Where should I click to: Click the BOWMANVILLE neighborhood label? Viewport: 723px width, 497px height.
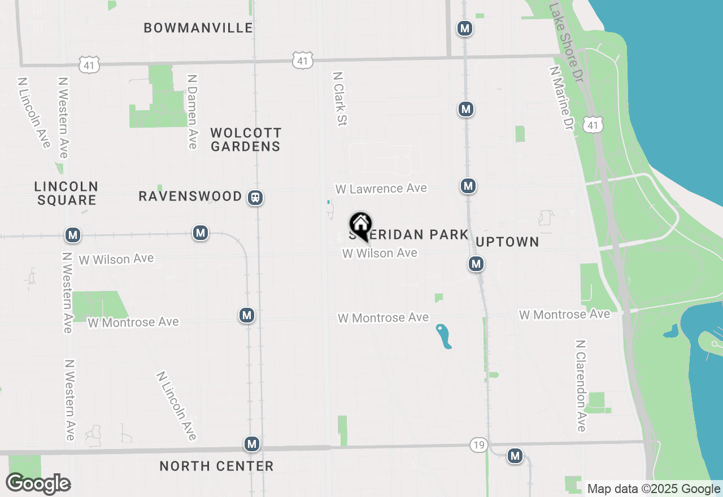click(x=198, y=28)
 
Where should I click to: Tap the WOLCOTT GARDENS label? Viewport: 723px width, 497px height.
click(x=246, y=139)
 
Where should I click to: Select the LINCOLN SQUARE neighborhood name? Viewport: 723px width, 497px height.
click(x=66, y=193)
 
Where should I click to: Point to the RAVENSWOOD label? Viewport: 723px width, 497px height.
click(x=190, y=197)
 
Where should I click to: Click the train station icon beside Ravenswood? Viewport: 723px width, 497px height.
click(x=256, y=198)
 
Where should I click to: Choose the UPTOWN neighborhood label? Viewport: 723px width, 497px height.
click(x=507, y=242)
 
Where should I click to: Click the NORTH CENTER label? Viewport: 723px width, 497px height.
click(x=216, y=466)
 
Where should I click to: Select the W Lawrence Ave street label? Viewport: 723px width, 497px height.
click(x=381, y=189)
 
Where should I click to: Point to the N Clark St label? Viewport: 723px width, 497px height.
click(x=339, y=98)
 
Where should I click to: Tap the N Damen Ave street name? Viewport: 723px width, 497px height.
click(x=193, y=112)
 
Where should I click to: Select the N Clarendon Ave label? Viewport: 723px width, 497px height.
click(x=581, y=386)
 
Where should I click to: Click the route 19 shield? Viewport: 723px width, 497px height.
click(x=478, y=446)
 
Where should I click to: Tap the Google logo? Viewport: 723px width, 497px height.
click(x=38, y=483)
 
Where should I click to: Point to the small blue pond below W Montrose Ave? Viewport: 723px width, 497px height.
click(x=444, y=336)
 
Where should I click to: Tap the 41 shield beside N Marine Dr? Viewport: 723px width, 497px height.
click(x=594, y=125)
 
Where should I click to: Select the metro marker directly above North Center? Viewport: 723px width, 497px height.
click(x=252, y=444)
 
